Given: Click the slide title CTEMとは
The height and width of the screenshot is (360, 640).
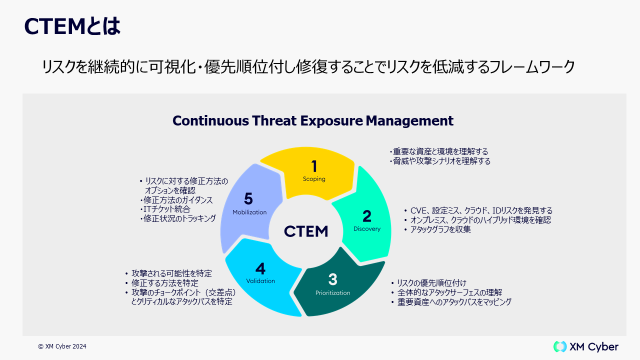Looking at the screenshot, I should click(x=72, y=26).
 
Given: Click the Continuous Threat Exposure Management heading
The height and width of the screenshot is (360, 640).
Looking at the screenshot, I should click(x=312, y=121).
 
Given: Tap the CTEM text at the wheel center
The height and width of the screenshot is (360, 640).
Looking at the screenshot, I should click(x=306, y=231).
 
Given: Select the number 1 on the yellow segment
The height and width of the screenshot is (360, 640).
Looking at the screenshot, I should click(x=314, y=166).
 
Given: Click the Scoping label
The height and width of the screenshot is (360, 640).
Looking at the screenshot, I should click(x=314, y=179).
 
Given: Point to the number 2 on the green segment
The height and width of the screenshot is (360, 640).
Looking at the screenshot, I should click(x=367, y=216).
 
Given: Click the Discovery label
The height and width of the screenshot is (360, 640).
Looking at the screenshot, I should click(x=367, y=229).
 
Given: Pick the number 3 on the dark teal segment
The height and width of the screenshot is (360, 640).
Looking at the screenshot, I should click(x=333, y=279).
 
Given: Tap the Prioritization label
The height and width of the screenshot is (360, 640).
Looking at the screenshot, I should click(x=333, y=293).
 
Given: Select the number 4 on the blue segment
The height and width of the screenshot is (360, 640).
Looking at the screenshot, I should click(x=260, y=268).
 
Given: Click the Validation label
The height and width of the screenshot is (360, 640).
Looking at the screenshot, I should click(x=260, y=281).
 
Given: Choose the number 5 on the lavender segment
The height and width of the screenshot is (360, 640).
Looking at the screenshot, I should click(x=248, y=199).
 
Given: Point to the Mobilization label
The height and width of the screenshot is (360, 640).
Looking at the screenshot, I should click(x=249, y=212).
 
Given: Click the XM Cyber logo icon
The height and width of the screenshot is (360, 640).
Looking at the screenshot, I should click(x=560, y=346).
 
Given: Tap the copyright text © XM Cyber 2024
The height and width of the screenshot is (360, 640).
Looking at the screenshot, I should click(x=62, y=346).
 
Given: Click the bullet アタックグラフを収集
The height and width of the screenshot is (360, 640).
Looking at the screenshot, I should click(x=440, y=230).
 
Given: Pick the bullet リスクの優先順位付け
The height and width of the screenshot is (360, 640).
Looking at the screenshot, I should click(x=431, y=283).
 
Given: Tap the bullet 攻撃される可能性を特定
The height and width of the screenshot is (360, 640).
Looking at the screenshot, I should click(x=171, y=273).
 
